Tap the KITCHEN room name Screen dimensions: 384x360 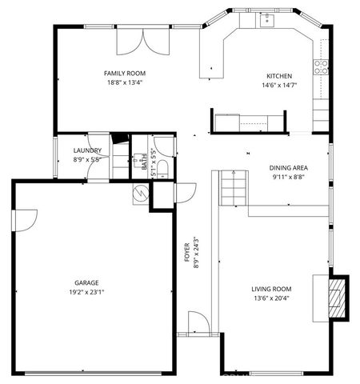point(279,77)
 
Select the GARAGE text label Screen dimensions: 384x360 point(86,283)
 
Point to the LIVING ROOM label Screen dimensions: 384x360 point(272,289)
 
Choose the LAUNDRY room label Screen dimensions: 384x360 point(86,150)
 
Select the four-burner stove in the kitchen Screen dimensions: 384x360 point(322,67)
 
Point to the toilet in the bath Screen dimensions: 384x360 point(162,167)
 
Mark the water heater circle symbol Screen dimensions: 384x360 point(141,193)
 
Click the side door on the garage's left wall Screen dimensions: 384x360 point(26,218)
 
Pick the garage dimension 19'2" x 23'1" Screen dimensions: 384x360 point(86,293)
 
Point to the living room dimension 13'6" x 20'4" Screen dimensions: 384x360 point(272,298)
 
